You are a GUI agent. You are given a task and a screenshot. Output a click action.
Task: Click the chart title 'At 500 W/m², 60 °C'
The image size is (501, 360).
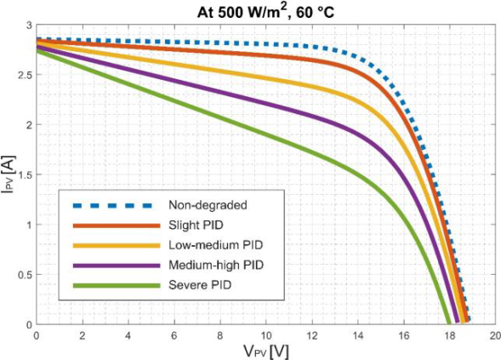coord(264,10)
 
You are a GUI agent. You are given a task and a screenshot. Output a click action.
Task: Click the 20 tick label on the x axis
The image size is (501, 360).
coord(494,336)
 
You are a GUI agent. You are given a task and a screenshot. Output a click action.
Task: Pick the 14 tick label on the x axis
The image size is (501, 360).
coord(357,336)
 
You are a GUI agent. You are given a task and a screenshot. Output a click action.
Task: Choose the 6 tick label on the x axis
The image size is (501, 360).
coord(174,336)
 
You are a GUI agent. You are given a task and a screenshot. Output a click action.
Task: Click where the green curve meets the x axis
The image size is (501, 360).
coord(448,324)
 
